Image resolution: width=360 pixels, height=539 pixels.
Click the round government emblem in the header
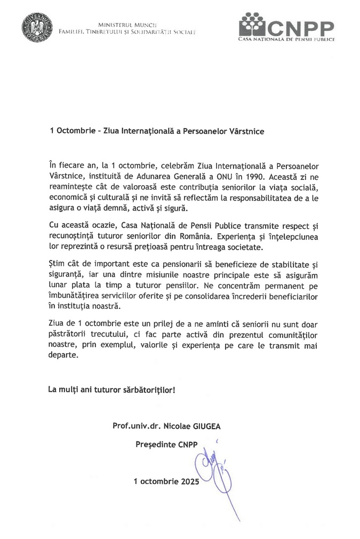37,27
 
